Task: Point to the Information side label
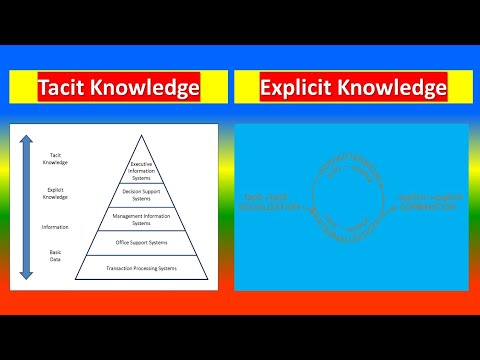56,227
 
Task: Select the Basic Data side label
56,258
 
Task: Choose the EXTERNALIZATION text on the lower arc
350,227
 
